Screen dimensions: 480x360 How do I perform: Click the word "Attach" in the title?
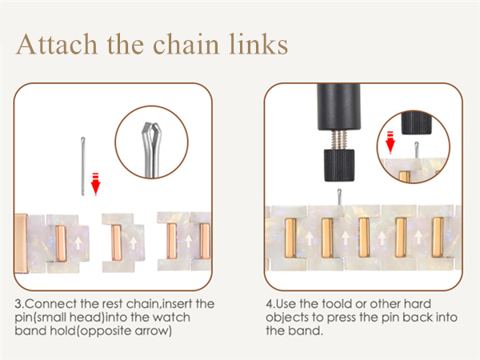[57, 44]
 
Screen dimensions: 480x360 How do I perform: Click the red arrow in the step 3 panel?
[95, 184]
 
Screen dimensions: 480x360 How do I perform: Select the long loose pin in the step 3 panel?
[82, 166]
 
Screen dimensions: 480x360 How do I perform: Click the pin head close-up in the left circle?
[152, 150]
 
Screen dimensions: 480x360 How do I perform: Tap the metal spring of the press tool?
[339, 139]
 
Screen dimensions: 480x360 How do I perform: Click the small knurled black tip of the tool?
[339, 165]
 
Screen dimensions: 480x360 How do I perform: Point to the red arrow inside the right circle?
[390, 142]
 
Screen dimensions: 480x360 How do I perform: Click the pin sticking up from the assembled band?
[339, 197]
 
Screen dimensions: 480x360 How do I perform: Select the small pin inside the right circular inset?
[417, 150]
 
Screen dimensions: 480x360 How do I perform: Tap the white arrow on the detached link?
[133, 242]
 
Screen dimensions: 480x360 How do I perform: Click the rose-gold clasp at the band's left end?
[21, 243]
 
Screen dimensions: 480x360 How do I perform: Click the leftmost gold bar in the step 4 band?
[290, 238]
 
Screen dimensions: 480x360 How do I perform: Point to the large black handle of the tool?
[338, 106]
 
